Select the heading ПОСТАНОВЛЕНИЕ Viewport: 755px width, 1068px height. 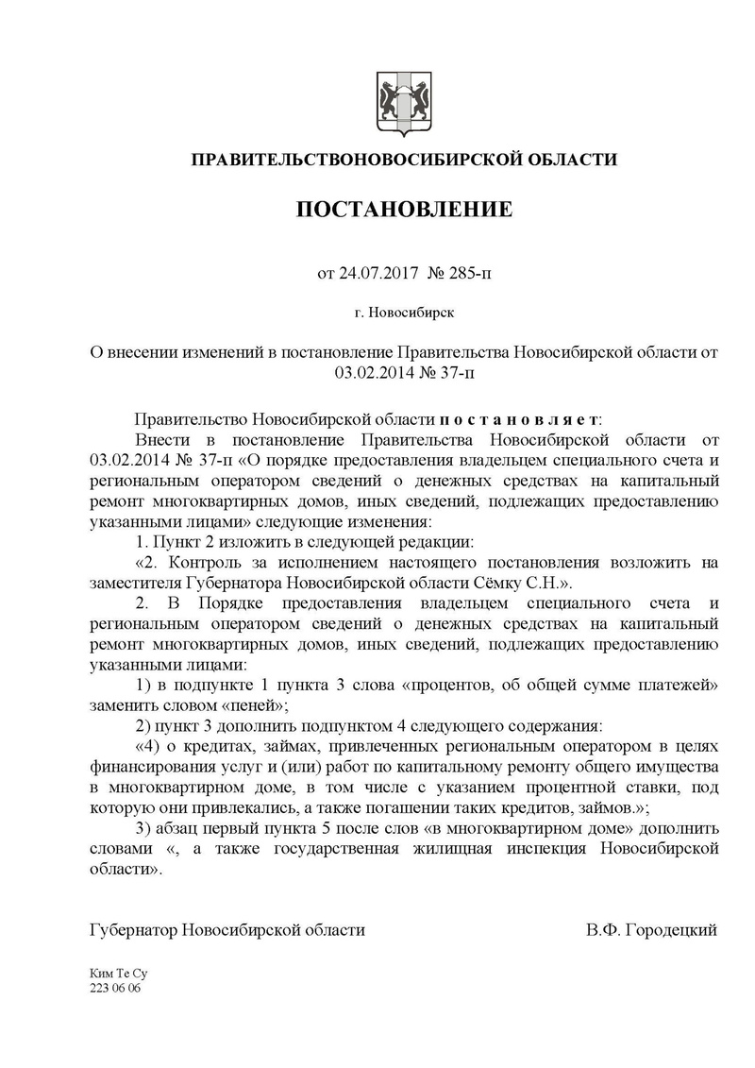pos(405,209)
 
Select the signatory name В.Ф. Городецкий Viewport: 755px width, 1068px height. pos(651,929)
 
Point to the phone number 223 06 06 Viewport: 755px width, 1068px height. pos(114,987)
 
